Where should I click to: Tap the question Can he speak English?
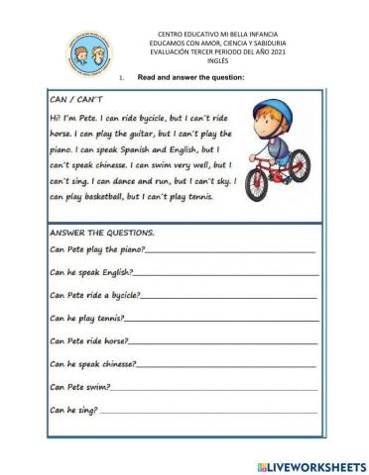(x=90, y=272)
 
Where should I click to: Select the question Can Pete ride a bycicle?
(x=94, y=295)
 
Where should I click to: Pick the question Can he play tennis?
(x=87, y=318)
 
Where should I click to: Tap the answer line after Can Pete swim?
(x=213, y=388)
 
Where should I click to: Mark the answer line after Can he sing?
(x=208, y=411)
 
